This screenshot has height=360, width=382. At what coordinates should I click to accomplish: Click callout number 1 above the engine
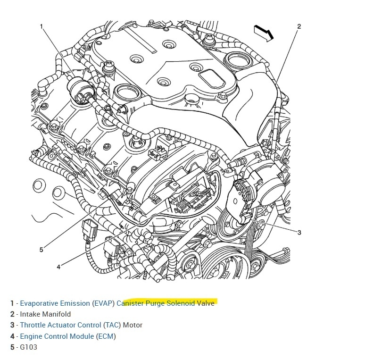click(x=42, y=27)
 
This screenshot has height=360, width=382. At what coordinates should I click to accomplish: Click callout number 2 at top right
click(x=299, y=26)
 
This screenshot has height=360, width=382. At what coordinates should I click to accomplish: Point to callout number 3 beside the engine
click(x=299, y=232)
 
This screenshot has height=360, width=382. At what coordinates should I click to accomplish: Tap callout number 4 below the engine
click(x=58, y=267)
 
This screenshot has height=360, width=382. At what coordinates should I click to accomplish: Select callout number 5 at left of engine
click(x=41, y=250)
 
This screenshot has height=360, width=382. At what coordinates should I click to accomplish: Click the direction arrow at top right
click(x=264, y=32)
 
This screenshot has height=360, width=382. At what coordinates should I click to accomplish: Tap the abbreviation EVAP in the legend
click(x=103, y=303)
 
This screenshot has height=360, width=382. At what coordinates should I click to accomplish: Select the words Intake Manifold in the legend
click(x=45, y=314)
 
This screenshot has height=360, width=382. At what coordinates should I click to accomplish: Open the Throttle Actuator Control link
click(x=60, y=325)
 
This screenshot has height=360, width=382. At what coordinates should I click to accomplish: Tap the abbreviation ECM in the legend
click(x=106, y=336)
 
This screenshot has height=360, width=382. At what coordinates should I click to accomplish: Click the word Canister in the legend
click(x=131, y=303)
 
